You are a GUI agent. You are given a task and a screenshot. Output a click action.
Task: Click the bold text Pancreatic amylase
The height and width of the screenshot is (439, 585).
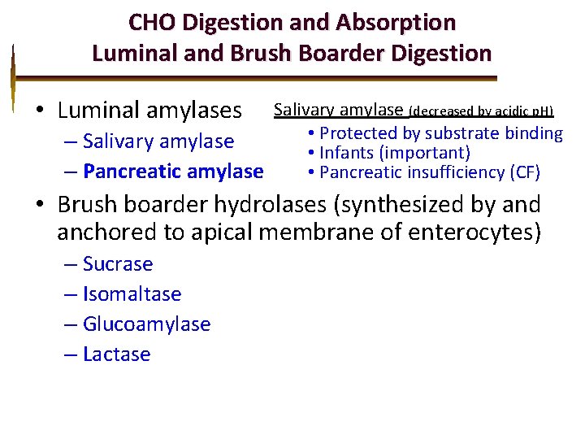click(173, 172)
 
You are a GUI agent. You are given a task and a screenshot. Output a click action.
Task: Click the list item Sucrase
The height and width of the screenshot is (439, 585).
click(118, 264)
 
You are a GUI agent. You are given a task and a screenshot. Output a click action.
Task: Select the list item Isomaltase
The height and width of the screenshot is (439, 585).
click(132, 294)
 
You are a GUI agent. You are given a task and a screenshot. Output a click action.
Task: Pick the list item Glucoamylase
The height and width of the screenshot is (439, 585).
click(146, 324)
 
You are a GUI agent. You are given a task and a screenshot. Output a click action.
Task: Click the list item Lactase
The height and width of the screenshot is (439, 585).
click(116, 354)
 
